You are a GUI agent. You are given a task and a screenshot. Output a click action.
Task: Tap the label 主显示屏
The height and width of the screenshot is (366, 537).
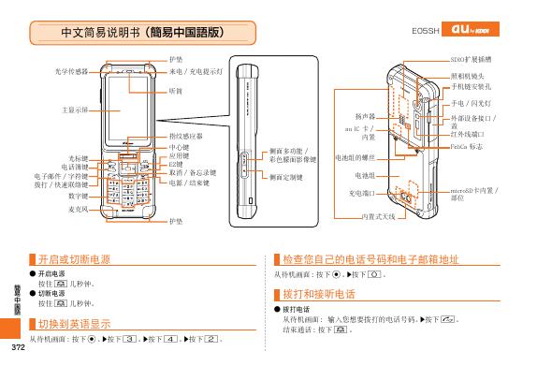[72, 110]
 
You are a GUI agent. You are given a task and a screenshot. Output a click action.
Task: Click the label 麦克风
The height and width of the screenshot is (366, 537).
[79, 209]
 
